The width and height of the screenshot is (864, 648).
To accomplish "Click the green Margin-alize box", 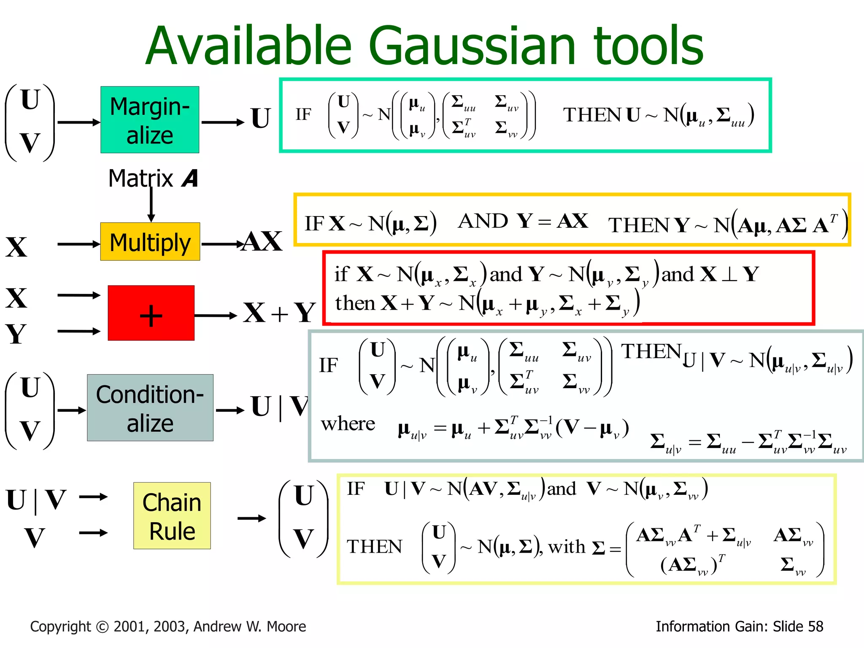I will (x=150, y=120).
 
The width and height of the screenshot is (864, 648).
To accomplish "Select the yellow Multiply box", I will (x=150, y=242).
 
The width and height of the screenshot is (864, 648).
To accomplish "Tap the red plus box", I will (x=151, y=313).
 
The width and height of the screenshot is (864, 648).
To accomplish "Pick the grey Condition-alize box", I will (x=150, y=408).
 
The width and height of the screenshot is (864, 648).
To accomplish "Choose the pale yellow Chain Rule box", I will (x=172, y=516).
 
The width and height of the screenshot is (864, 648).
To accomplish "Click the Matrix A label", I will (x=153, y=178).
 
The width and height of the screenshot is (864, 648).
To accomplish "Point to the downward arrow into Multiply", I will (x=151, y=205).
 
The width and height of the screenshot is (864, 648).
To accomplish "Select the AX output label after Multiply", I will (x=262, y=242).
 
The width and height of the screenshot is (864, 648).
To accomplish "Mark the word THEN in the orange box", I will (x=640, y=225).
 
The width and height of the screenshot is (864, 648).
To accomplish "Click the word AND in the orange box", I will (x=483, y=221).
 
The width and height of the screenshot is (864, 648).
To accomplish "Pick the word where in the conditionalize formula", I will (x=348, y=424).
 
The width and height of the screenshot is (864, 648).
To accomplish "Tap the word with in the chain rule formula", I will (x=567, y=547).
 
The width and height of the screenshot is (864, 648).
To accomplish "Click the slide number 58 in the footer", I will (x=815, y=626).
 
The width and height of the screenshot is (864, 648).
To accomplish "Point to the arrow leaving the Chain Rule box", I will (x=252, y=518).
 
